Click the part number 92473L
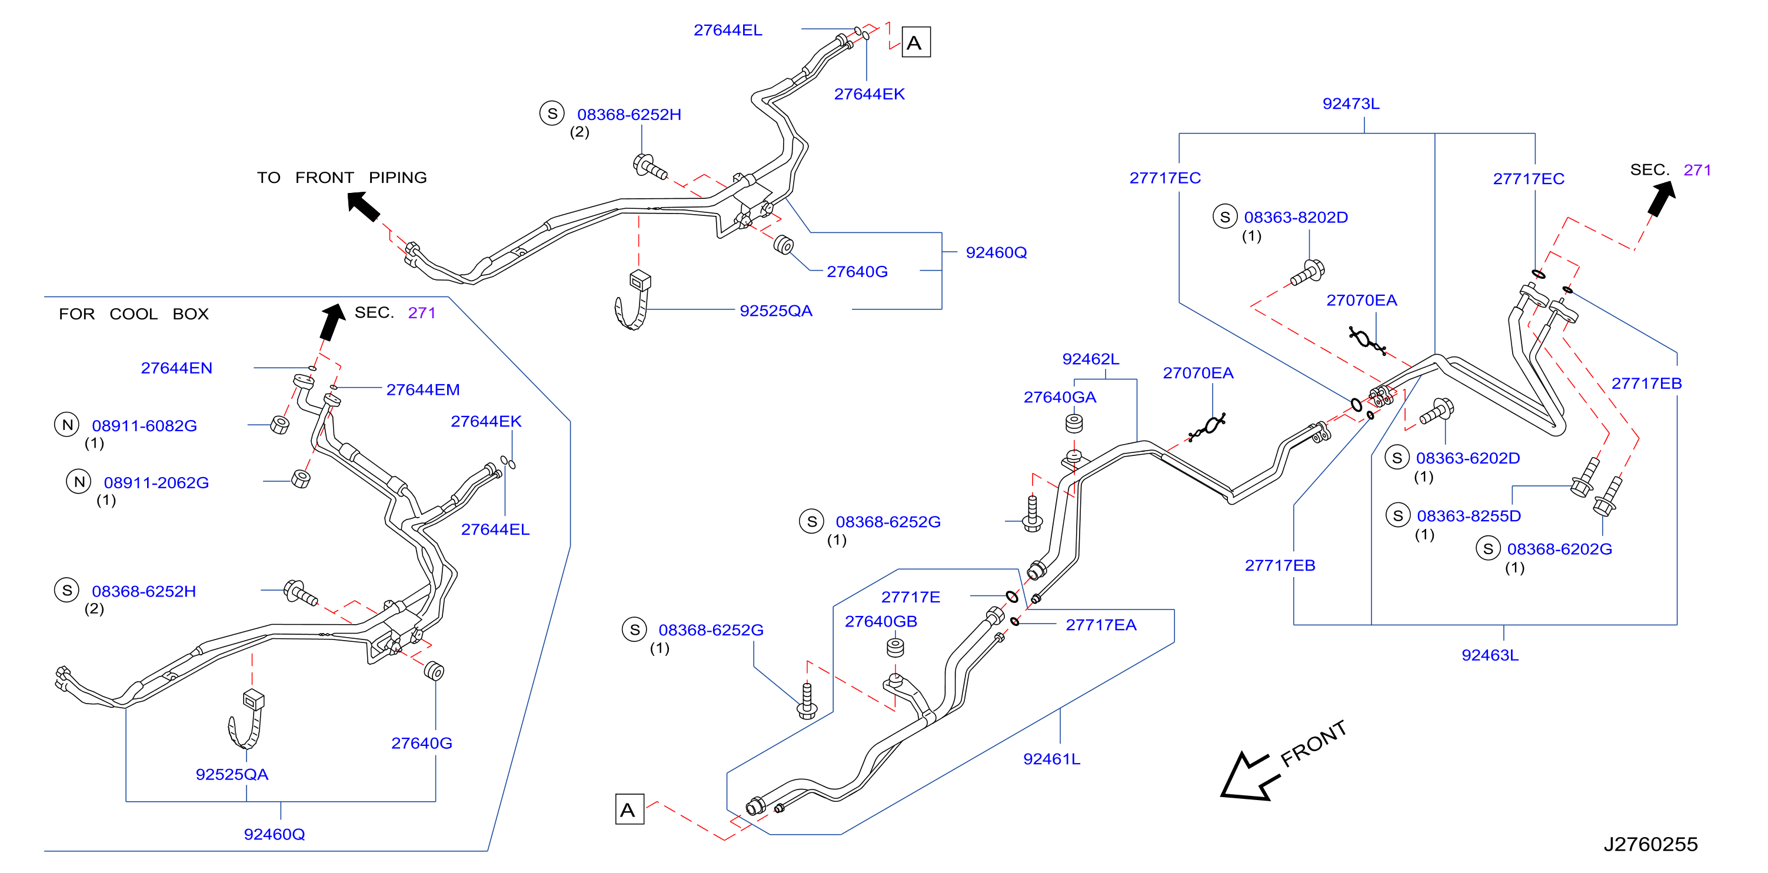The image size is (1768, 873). click(x=1350, y=104)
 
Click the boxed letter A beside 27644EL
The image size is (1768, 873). click(x=915, y=42)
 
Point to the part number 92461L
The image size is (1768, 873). click(x=1051, y=758)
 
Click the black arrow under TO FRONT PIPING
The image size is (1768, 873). click(x=363, y=206)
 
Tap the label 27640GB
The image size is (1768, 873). click(x=881, y=621)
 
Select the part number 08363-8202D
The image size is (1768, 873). click(x=1295, y=217)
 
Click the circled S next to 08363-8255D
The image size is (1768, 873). click(x=1397, y=515)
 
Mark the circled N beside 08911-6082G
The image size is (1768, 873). click(x=66, y=425)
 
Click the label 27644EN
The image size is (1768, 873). click(x=177, y=368)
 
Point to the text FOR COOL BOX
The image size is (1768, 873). click(x=133, y=314)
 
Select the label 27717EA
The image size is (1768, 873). click(x=1100, y=625)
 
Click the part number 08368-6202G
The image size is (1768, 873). click(x=1559, y=548)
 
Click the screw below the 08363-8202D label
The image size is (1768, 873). click(x=1307, y=272)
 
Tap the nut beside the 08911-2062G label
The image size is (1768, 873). click(x=301, y=478)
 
